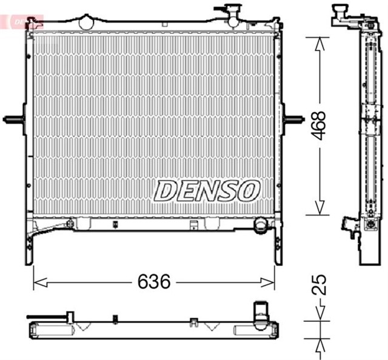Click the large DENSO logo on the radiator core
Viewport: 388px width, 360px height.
pyautogui.click(x=206, y=190)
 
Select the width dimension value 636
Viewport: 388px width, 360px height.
pyautogui.click(x=156, y=282)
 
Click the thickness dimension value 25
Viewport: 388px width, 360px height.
pyautogui.click(x=321, y=285)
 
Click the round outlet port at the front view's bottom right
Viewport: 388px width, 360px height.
pyautogui.click(x=261, y=225)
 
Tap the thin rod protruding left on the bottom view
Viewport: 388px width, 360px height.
pyautogui.click(x=45, y=316)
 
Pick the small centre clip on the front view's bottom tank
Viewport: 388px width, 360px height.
pyautogui.click(x=192, y=227)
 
